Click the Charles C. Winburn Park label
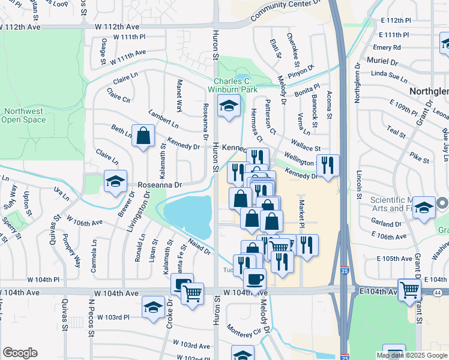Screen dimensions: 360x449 [237, 85]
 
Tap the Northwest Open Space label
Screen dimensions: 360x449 [23, 115]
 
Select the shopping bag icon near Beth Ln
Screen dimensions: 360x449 [144, 136]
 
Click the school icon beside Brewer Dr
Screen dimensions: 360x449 [115, 182]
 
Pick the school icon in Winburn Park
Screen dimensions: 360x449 [228, 106]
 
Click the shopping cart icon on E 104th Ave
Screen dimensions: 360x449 [409, 289]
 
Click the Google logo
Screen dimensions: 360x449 [20, 353]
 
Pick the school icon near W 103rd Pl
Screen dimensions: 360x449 [153, 307]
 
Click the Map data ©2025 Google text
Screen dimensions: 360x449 [411, 355]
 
